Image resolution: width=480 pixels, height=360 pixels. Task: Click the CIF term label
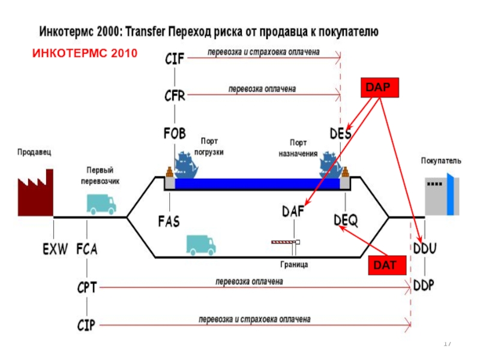coord(175,58)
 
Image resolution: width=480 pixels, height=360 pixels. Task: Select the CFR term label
coord(175,95)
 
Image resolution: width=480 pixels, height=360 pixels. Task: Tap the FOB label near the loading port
coord(174,133)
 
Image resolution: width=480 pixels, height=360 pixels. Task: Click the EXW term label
coord(55,248)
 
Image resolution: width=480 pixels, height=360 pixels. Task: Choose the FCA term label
coord(87,248)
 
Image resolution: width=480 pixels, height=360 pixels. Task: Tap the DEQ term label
coord(346,221)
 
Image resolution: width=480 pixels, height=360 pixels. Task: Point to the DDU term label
coord(425,248)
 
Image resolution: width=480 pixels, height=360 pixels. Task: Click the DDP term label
coord(425,285)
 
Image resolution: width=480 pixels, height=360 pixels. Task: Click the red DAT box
coord(382,264)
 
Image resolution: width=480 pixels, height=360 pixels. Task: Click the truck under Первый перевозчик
coord(101,204)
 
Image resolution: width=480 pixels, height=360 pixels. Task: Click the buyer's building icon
coord(443,194)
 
